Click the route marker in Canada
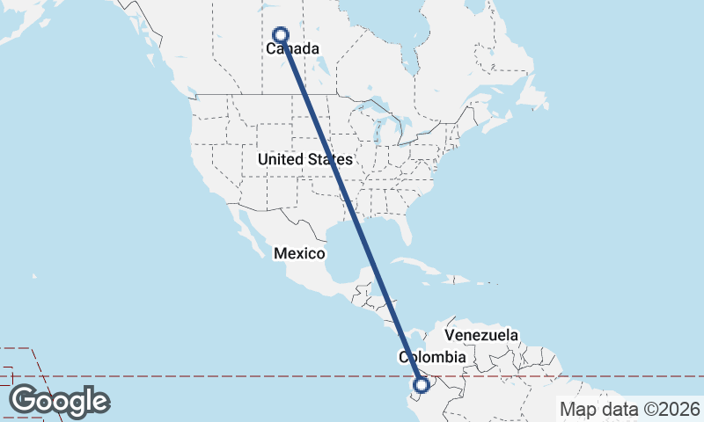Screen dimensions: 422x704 pos(281,35)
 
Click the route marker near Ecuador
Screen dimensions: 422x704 pos(422,384)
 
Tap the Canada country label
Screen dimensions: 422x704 pos(292,49)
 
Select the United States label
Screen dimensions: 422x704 pos(304,159)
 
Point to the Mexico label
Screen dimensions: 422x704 pos(299,253)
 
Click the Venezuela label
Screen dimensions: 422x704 pos(481,335)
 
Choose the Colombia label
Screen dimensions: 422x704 pos(431,357)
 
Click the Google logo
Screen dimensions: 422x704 pos(59,401)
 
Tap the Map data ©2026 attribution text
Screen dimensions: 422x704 pos(630,409)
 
